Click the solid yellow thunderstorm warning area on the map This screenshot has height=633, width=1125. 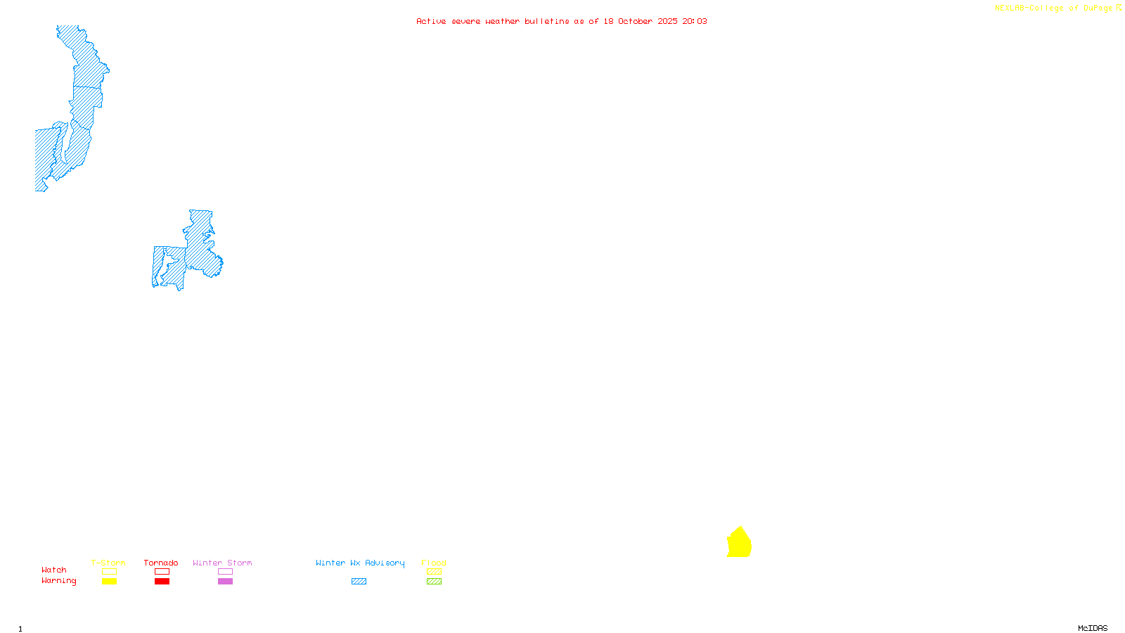point(739,544)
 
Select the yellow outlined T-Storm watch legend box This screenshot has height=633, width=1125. point(109,572)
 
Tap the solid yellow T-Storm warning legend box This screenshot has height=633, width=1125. point(109,582)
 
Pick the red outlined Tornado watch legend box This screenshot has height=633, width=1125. point(162,572)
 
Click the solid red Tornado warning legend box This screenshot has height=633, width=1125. point(162,582)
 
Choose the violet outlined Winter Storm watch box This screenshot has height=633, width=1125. point(225,572)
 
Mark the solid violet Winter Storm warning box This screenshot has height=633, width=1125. point(225,582)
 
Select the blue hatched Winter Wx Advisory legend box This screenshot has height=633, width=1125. point(359,582)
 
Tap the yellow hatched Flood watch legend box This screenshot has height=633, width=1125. point(434,572)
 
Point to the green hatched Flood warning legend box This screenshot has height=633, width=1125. point(434,582)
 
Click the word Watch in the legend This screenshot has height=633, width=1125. point(54,570)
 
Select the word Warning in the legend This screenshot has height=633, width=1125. point(58,581)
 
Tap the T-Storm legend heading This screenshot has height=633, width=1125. point(108,563)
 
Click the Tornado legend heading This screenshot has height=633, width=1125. point(161,563)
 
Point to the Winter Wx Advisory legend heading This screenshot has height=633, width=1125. point(360,563)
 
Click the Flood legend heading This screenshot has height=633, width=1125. point(434,563)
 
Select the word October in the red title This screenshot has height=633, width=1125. point(636,21)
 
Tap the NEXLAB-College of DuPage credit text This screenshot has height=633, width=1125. point(1054,8)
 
